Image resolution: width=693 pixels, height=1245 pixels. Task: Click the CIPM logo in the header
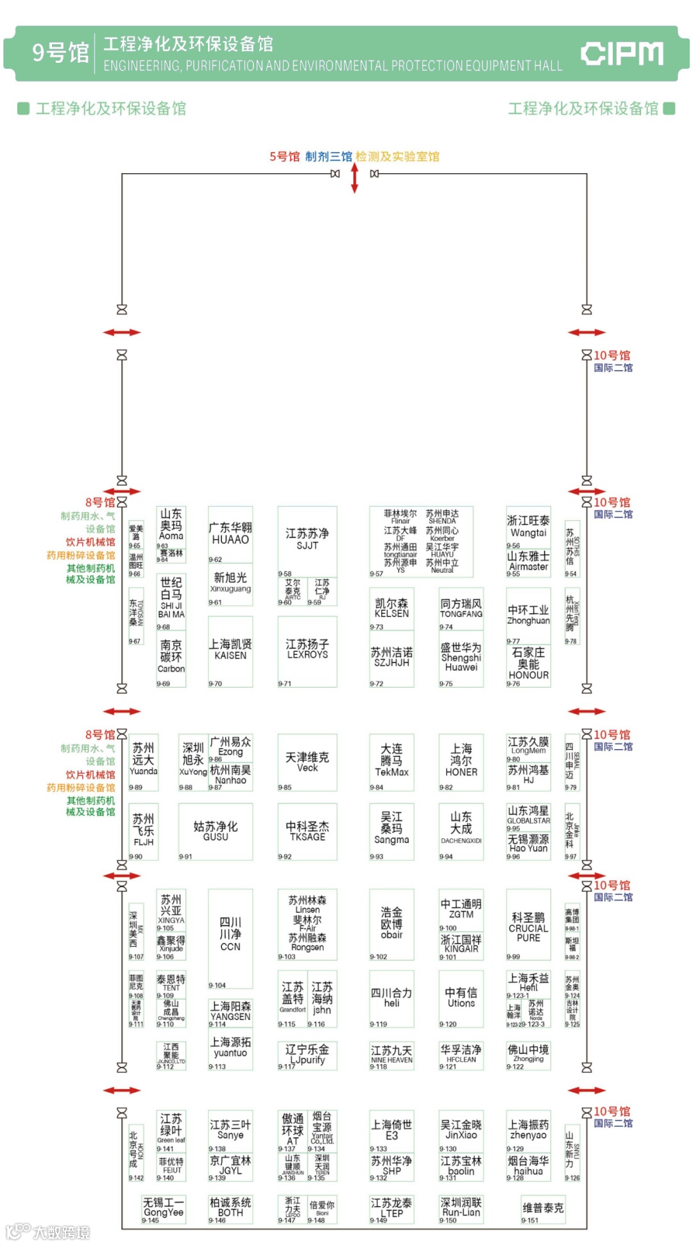[x=622, y=54]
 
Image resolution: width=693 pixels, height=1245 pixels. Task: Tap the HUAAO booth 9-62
[x=230, y=534]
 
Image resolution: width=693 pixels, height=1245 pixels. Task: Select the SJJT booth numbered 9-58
[x=307, y=540]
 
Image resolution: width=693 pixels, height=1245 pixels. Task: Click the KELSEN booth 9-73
[x=391, y=609]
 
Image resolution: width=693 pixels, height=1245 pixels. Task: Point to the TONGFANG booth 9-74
[x=461, y=609]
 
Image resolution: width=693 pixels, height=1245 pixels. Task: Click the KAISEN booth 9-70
[x=230, y=650]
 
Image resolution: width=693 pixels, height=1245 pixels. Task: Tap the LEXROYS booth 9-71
[x=307, y=650]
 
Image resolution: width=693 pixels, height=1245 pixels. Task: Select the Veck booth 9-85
[x=307, y=762]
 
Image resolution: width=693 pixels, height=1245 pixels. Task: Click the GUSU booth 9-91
[x=216, y=831]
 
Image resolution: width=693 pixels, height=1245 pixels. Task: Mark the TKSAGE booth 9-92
[x=307, y=831]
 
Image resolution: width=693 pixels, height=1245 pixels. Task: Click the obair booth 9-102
[x=391, y=924]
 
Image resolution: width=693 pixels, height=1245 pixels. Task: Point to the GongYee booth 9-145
[x=163, y=1208]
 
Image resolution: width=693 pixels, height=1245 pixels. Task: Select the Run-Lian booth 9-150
[x=461, y=1208]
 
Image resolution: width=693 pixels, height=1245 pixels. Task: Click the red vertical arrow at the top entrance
[x=354, y=178]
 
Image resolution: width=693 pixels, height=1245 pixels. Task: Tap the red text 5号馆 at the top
[x=284, y=157]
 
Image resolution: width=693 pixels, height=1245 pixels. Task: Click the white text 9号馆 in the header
[x=60, y=53]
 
